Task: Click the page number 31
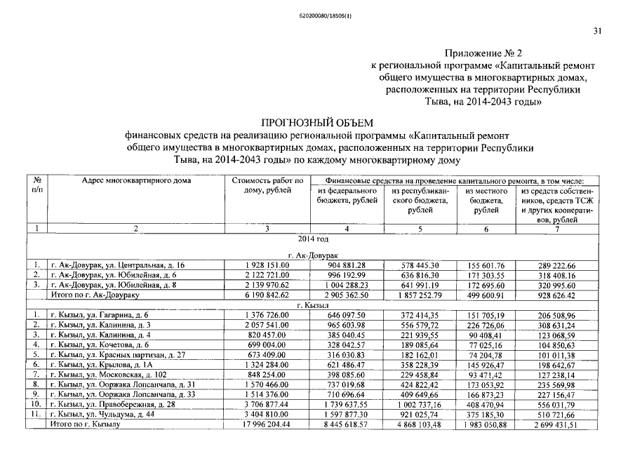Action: click(598, 30)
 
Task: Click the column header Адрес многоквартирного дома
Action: click(136, 180)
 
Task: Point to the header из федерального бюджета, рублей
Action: click(347, 196)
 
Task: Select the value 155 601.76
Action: click(486, 265)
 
